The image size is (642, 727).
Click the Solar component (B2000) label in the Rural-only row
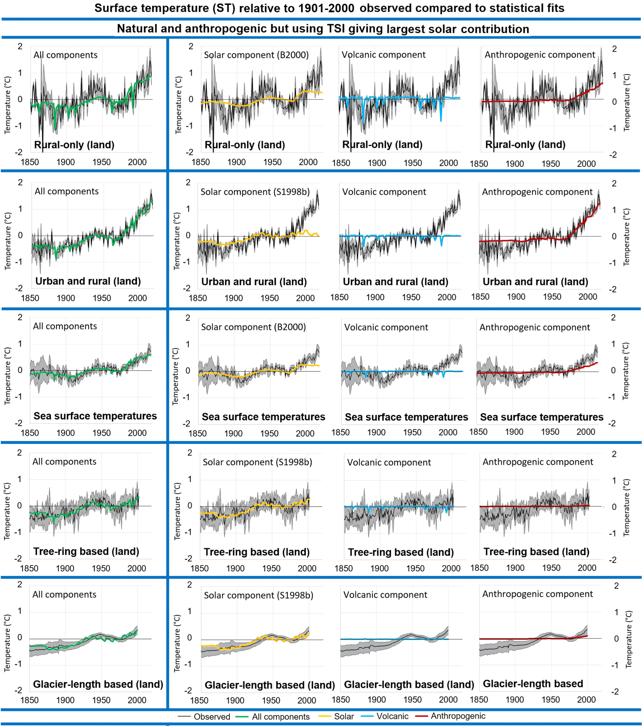[x=256, y=55]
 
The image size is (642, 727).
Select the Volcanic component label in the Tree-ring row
[x=389, y=462]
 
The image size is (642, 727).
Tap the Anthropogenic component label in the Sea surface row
[x=535, y=327]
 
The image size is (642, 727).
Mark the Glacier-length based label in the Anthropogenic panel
[x=533, y=683]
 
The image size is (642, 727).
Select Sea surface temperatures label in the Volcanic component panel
[x=407, y=417]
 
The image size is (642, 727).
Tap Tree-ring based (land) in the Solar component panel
[x=257, y=552]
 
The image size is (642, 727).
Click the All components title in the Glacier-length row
[x=64, y=594]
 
